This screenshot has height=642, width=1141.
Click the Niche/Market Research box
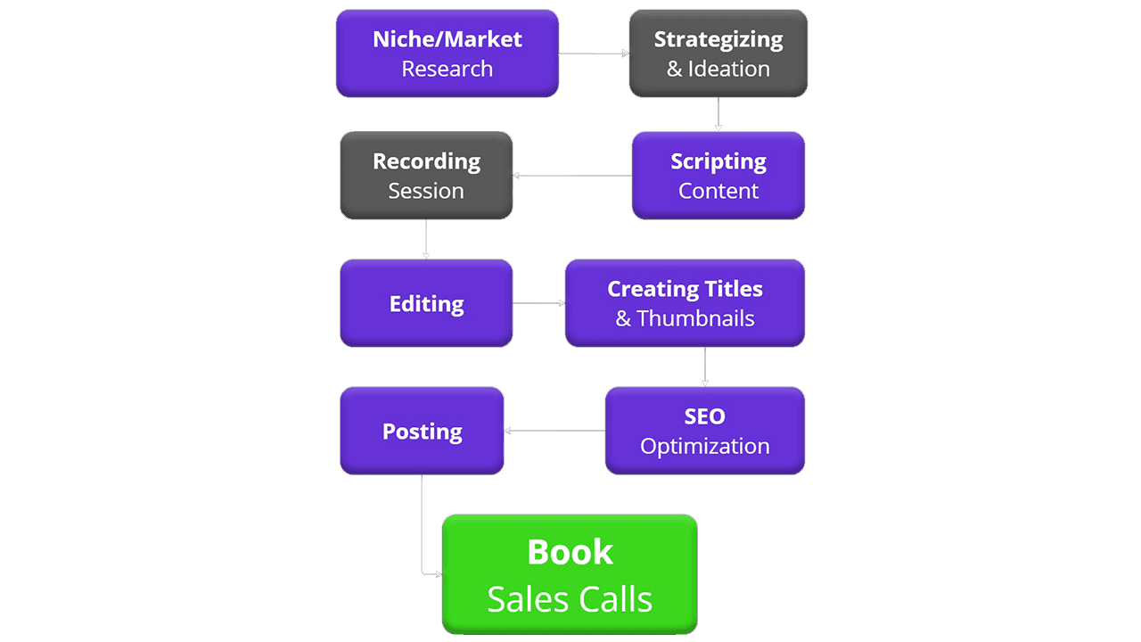point(447,53)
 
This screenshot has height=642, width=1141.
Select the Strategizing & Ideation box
point(718,53)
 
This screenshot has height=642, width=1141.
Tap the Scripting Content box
point(718,176)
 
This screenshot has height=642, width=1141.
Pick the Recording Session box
point(426,176)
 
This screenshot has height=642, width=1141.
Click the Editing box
point(426,303)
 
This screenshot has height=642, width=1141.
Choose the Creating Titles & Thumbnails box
point(685,303)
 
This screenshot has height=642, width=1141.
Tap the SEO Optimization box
point(704,431)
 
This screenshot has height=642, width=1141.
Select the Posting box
point(422,431)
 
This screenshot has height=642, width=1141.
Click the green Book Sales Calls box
point(570,575)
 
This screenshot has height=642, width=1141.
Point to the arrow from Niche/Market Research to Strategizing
point(594,53)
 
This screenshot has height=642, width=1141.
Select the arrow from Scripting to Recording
point(572,176)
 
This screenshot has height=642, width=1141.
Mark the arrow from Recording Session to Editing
point(426,239)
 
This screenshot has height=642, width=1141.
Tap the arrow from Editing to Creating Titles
point(538,303)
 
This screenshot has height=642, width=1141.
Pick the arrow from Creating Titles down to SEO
point(705,366)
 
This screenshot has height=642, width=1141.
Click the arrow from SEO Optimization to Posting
point(554,432)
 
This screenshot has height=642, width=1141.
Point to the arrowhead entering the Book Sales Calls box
point(438,574)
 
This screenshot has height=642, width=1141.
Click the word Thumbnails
point(695,319)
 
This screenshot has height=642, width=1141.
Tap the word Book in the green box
point(570,553)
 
